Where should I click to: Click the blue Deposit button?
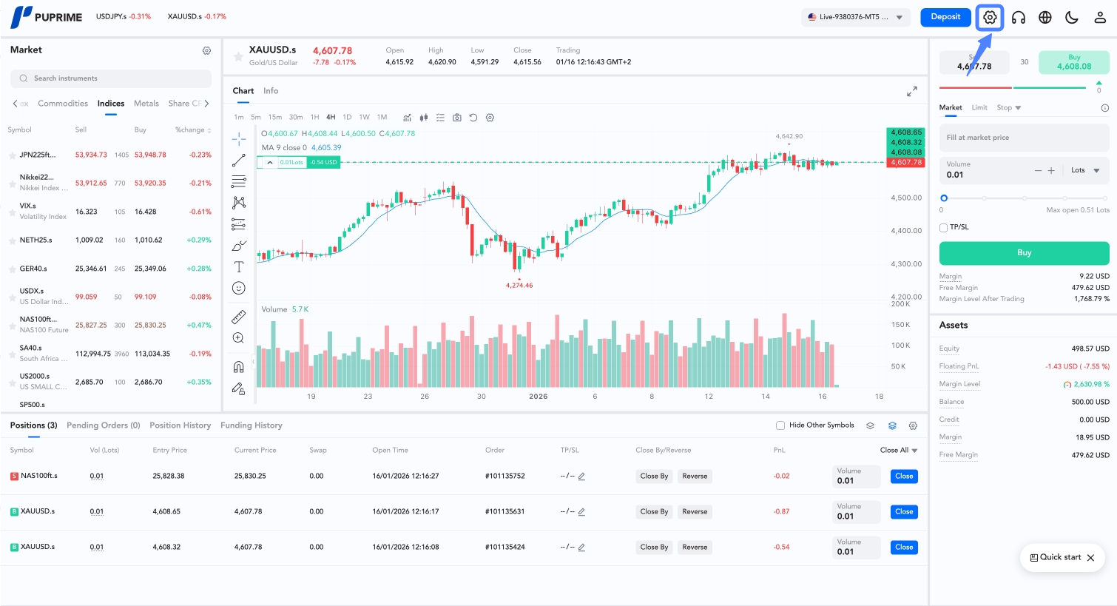point(945,17)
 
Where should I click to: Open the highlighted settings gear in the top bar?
point(990,17)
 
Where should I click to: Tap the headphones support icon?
point(1019,17)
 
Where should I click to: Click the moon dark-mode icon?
point(1072,17)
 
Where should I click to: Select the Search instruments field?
point(111,78)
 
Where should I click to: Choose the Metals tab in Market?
point(146,104)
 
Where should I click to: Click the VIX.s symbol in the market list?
point(28,206)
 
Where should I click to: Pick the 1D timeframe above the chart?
point(347,117)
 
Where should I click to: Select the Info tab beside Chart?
point(271,91)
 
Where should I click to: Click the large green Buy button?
point(1024,253)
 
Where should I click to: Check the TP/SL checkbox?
point(944,227)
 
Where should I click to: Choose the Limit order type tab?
point(979,108)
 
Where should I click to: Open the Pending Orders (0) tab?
point(103,425)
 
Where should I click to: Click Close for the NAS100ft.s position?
point(904,477)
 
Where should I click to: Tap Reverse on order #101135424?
point(695,548)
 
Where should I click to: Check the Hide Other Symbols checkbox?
point(780,425)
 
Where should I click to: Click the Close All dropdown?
point(899,450)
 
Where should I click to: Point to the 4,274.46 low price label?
point(519,285)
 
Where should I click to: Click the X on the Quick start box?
point(1090,558)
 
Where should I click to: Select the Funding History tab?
point(252,425)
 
